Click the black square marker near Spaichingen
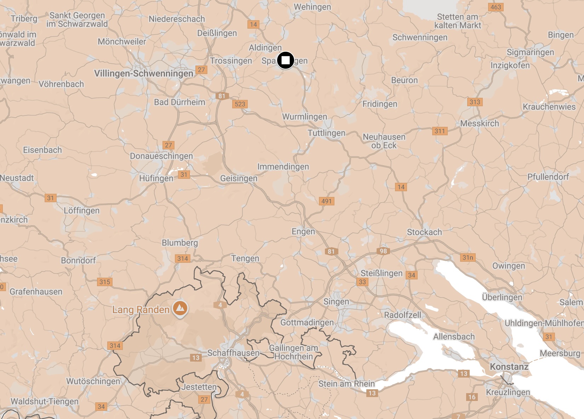pos(285,60)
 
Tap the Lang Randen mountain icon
pos(180,308)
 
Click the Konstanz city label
pos(509,367)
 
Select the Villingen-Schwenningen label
pos(144,73)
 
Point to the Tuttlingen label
pos(326,133)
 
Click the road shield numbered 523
pos(240,104)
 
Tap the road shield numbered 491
pos(326,201)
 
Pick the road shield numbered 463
pos(496,7)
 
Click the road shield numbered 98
pos(383,251)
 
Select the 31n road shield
pos(468,257)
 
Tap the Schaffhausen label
pos(233,353)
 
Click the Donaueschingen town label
pos(161,156)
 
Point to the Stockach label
pos(424,232)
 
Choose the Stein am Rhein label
pos(347,384)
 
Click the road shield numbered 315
pos(104,282)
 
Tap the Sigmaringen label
pos(530,52)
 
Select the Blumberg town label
pos(180,243)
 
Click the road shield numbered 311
pos(440,131)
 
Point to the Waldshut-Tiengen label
pos(45,401)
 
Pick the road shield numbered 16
pos(472,397)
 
